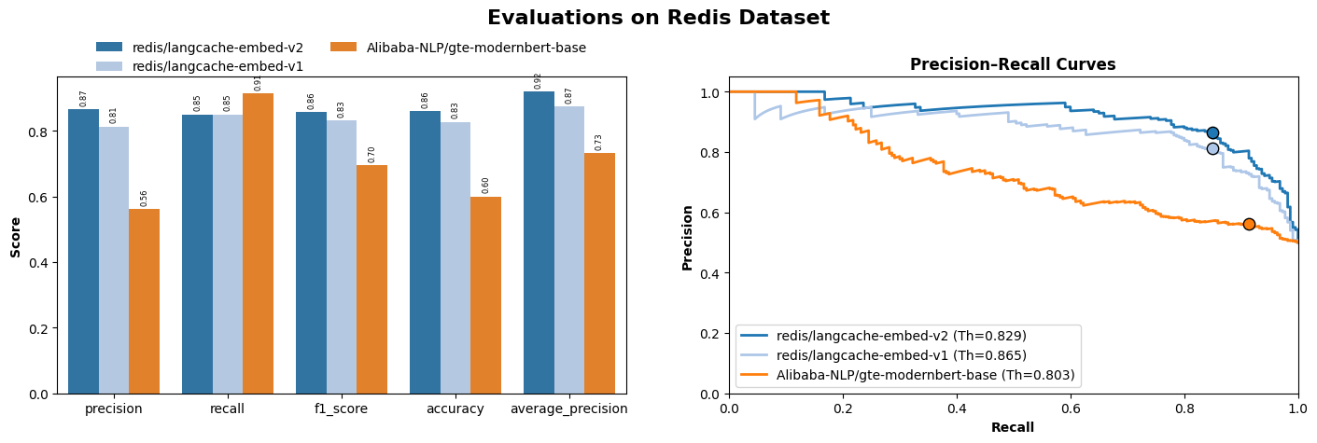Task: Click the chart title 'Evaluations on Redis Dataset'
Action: [658, 18]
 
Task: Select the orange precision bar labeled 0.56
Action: [144, 300]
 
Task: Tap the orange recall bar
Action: [258, 242]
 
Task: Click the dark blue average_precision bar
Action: [539, 242]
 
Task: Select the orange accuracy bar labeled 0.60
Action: [485, 295]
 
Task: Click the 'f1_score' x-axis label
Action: [342, 408]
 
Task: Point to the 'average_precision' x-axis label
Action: [569, 408]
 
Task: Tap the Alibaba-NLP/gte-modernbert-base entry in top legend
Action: [476, 48]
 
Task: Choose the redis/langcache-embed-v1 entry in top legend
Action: [217, 66]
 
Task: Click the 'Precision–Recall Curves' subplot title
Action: [1013, 64]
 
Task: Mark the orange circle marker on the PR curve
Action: [1249, 224]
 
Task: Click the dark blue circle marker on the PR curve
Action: [1212, 132]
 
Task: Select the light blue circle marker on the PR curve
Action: [1212, 148]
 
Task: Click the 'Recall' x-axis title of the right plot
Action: [1013, 427]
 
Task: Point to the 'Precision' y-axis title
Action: [688, 237]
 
